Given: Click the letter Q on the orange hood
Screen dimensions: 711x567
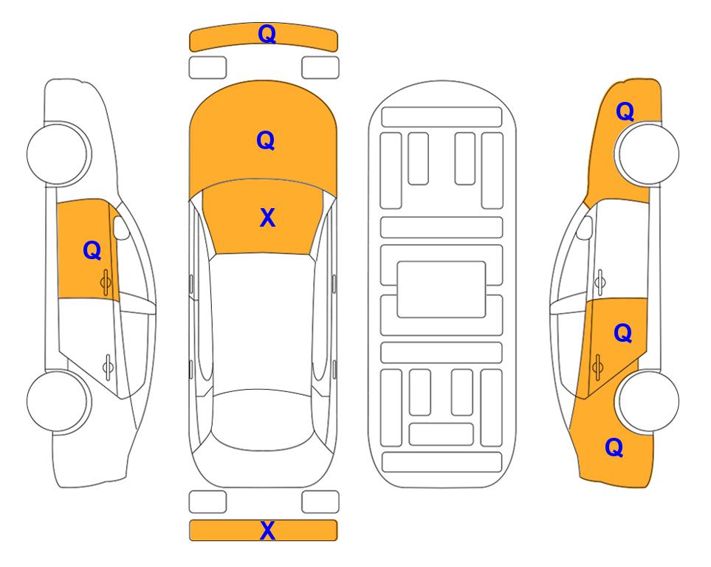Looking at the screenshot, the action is (266, 140).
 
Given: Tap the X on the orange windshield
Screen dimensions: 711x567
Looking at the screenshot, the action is (267, 218).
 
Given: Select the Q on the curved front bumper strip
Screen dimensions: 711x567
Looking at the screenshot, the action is (267, 34).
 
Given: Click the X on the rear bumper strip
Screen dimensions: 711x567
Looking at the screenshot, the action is (267, 530).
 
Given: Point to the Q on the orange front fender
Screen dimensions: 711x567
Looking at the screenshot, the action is (625, 111).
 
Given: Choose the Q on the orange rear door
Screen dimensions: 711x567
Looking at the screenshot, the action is (623, 334).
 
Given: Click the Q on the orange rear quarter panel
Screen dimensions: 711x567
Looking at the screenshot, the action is (614, 447).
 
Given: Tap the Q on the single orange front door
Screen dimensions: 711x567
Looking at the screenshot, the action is (92, 250).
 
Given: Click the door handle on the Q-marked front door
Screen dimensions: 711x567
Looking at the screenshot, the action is (106, 282).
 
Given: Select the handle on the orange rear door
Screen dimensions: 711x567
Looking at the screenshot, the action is (597, 367).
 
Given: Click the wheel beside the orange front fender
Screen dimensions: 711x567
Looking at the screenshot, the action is (647, 154).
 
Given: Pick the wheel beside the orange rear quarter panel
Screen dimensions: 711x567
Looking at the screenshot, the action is (647, 401).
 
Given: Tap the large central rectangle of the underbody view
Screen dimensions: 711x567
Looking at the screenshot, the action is (442, 289).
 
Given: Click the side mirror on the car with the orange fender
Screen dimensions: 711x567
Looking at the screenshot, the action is (584, 228).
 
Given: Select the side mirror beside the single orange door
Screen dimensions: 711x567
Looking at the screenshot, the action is (121, 228).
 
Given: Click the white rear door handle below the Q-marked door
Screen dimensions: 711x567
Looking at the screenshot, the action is (108, 366).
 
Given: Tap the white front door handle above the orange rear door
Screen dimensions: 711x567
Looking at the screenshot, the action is (600, 282).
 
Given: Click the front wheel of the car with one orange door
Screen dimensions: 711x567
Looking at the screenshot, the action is (59, 154).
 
